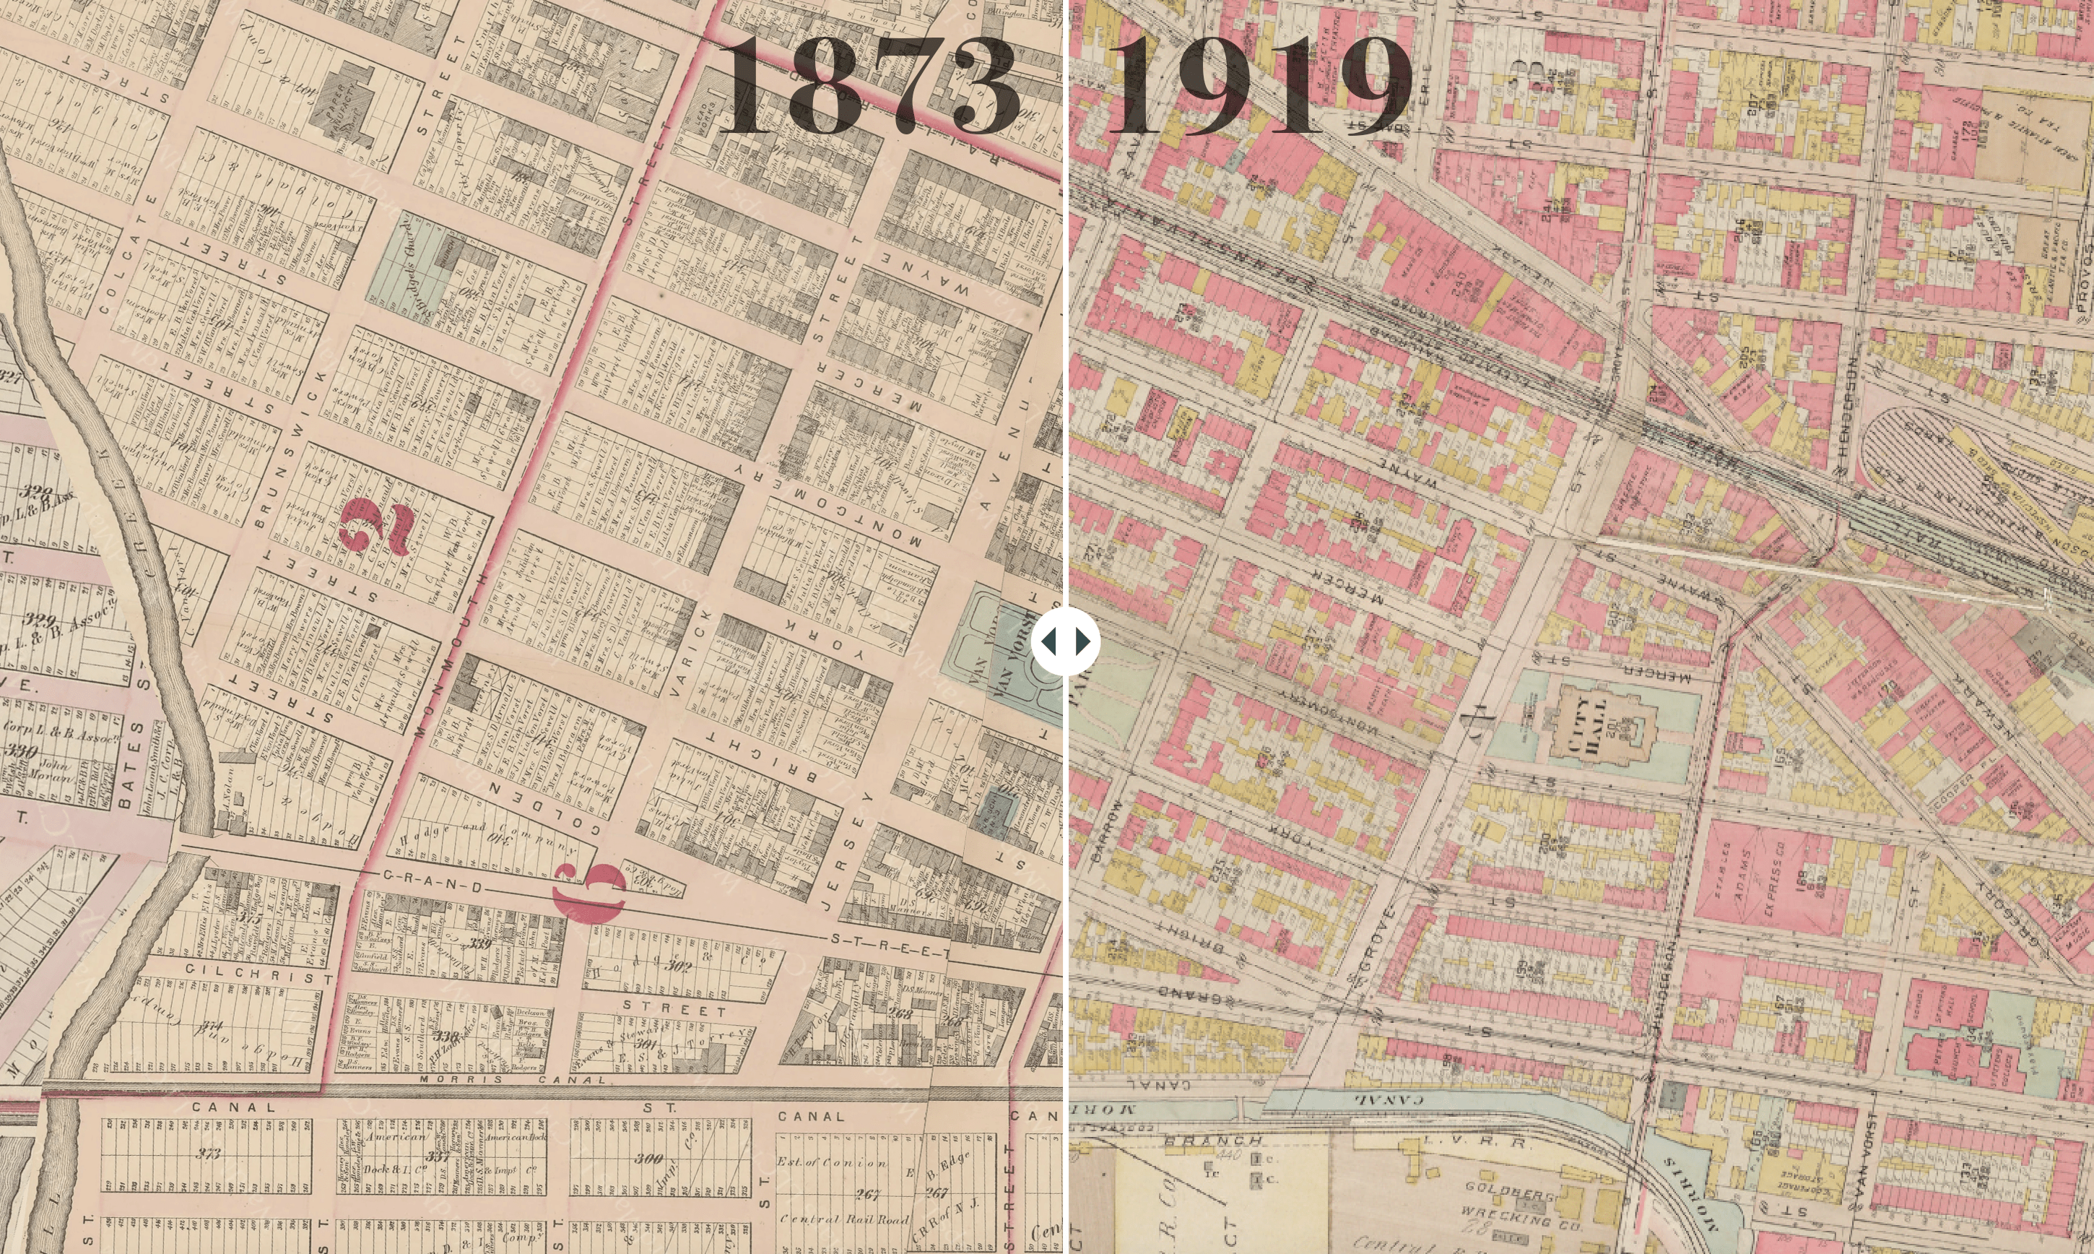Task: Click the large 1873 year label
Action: tap(867, 86)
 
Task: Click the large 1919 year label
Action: tap(1259, 86)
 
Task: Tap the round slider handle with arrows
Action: tap(1065, 642)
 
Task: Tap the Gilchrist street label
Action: tap(259, 971)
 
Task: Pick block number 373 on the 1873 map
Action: tap(208, 1154)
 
